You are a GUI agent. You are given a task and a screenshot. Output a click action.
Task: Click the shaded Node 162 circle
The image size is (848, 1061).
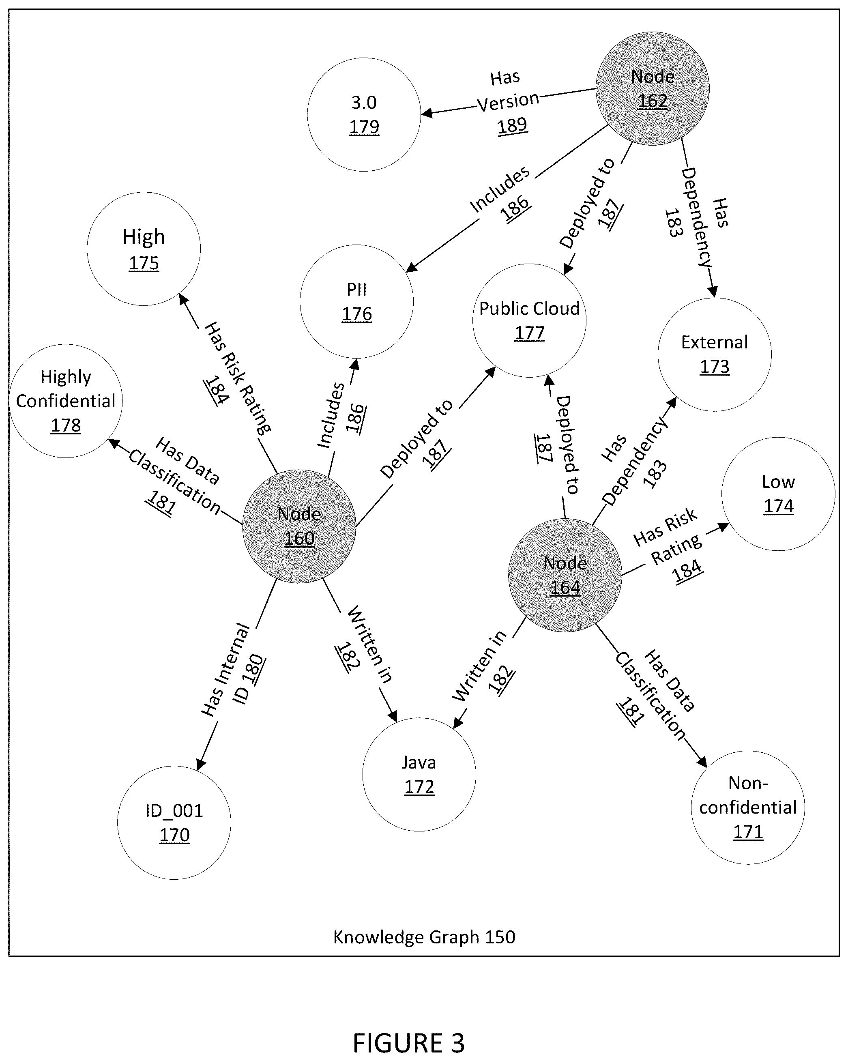652,88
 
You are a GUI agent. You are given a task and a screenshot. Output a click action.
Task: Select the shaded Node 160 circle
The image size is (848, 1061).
299,526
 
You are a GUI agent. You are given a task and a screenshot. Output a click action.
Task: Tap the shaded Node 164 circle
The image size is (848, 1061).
565,575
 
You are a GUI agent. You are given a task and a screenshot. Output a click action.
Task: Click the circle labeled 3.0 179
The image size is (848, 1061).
364,115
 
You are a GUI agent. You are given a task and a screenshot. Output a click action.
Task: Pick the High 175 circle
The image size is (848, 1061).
144,249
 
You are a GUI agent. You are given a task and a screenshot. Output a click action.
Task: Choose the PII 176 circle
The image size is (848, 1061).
357,301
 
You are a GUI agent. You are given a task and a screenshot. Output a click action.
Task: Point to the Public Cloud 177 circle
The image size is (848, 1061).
530,320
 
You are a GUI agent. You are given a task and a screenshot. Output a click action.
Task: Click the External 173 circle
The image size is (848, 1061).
715,354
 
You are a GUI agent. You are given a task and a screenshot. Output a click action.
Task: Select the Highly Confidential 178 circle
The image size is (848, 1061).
66,401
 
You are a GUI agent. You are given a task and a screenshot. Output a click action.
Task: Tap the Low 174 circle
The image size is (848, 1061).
779,494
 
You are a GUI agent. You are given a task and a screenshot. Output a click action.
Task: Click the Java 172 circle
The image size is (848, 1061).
419,774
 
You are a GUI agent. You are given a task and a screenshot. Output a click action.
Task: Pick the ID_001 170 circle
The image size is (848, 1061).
174,823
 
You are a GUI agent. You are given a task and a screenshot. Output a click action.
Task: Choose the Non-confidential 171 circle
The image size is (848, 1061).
748,807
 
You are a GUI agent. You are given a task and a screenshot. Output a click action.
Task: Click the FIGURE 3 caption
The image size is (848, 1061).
408,1043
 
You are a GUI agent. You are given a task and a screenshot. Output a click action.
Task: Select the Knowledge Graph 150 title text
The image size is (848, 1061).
424,937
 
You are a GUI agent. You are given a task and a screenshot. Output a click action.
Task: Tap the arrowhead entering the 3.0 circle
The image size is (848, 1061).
427,113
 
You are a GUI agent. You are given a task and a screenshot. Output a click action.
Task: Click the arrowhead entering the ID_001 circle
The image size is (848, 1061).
200,764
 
